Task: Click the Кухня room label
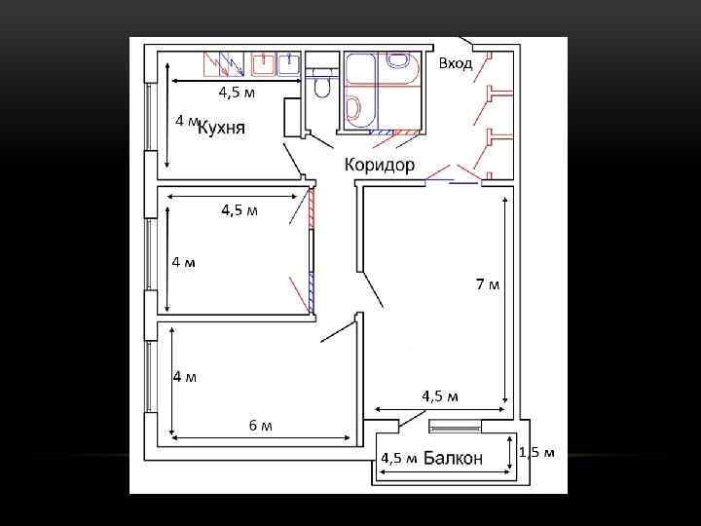point(221,128)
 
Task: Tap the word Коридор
point(379,165)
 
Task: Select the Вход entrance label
point(456,63)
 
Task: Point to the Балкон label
point(453,458)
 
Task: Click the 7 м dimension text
point(488,283)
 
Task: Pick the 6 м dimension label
point(261,425)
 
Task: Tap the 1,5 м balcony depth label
point(536,452)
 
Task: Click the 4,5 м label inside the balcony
point(399,458)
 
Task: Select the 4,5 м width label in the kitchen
point(237,93)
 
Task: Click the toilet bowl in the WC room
point(320,84)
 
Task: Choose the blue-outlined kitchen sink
point(288,63)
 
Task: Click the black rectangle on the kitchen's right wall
point(291,118)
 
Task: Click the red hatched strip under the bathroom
point(406,132)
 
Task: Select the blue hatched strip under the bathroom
point(382,132)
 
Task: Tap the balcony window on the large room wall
point(455,427)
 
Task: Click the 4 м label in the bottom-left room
point(185,378)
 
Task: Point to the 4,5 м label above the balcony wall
point(440,396)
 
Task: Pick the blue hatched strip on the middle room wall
point(312,292)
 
